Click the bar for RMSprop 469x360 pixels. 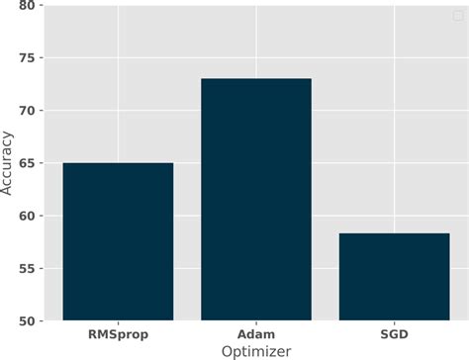click(x=118, y=241)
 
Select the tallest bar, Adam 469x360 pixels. click(x=256, y=199)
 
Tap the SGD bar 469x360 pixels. click(x=394, y=277)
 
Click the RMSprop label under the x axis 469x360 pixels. click(x=118, y=334)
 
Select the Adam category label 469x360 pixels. click(x=256, y=334)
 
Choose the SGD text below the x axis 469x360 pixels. click(x=394, y=334)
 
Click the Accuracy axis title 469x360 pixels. click(x=9, y=163)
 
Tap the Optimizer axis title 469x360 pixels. click(x=256, y=351)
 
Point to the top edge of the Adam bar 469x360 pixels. click(x=256, y=79)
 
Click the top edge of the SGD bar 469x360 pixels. click(x=394, y=233)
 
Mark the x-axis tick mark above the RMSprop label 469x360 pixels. click(x=118, y=322)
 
